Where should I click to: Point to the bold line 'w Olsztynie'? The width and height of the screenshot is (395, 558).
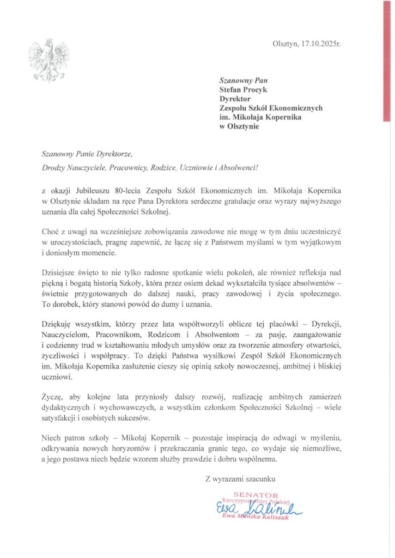coord(239,127)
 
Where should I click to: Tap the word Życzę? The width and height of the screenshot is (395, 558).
coord(51,399)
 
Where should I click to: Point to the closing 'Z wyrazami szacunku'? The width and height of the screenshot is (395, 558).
coord(240,479)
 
